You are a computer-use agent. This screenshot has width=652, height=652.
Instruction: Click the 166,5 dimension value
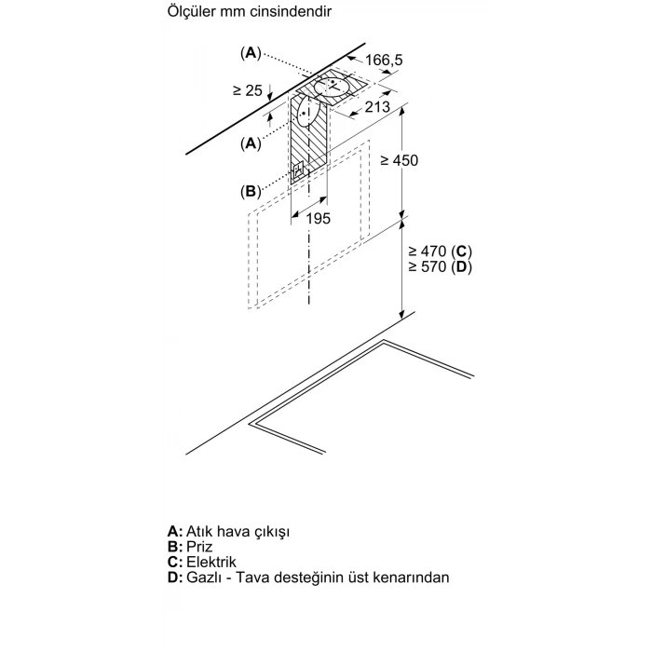pos(384,60)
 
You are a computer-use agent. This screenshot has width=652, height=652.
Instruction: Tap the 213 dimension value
pos(377,107)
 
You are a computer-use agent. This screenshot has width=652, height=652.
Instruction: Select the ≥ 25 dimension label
pos(248,90)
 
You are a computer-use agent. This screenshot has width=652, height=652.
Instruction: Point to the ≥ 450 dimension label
pos(400,160)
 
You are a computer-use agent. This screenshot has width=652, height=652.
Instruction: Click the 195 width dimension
pos(319,218)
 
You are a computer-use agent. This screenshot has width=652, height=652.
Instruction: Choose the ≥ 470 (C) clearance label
pos(441,251)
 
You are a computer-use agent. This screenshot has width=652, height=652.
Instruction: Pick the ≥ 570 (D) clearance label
pos(441,266)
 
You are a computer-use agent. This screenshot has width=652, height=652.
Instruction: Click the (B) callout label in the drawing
pos(251,191)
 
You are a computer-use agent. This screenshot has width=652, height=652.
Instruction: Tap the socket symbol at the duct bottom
pos(299,171)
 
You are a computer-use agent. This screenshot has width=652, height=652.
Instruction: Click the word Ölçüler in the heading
pos(191,11)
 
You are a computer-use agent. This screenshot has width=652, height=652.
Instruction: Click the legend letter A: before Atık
pos(175,531)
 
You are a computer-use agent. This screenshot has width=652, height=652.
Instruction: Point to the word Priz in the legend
pos(199,547)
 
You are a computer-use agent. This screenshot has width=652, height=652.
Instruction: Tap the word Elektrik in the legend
pos(211,562)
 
